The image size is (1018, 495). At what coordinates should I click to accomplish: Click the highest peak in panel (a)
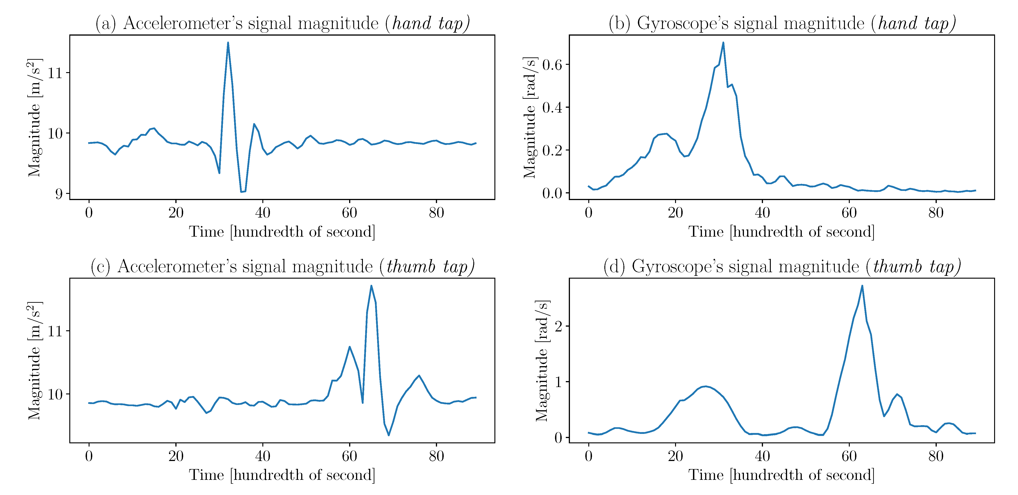(228, 43)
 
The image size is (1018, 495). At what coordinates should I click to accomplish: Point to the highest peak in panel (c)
(371, 286)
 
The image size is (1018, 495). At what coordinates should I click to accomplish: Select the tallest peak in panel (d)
(862, 286)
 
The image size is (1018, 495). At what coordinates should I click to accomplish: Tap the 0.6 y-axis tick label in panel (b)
(552, 65)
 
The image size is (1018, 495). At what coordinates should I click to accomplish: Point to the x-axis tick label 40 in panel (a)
(262, 213)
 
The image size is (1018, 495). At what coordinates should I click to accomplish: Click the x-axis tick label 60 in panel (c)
(349, 456)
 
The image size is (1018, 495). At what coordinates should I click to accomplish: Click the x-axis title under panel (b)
(781, 232)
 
